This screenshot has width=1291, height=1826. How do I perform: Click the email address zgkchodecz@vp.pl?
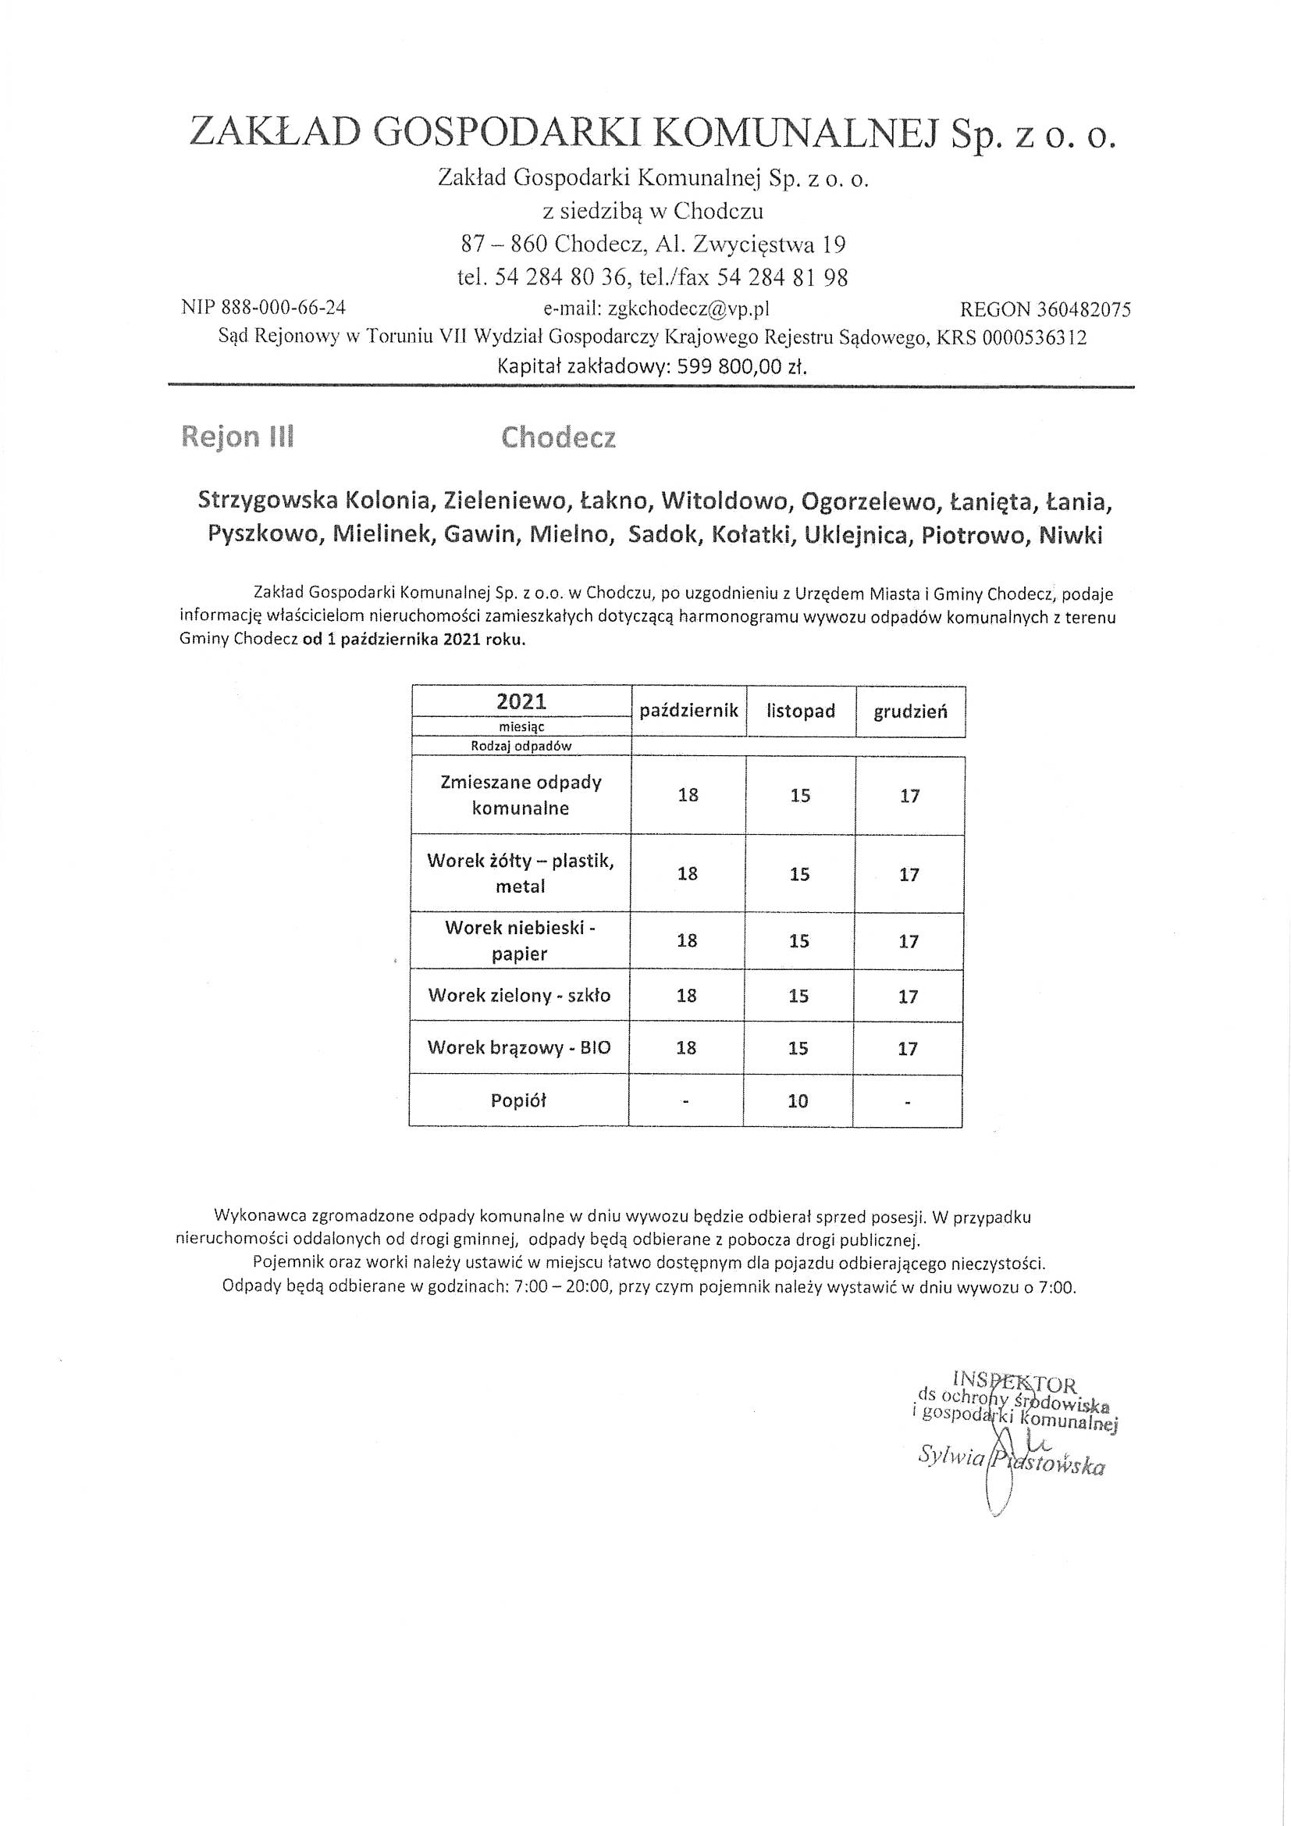688,308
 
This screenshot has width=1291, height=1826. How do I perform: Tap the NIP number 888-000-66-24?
286,308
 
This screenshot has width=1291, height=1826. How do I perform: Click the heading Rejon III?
238,437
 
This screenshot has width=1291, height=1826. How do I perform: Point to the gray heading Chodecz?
558,438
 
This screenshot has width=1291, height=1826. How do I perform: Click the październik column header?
689,710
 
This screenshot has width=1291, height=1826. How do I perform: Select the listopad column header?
801,711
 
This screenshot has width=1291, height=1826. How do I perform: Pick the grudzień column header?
910,711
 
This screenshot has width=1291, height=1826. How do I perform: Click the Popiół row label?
518,1100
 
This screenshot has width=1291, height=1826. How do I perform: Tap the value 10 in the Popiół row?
798,1100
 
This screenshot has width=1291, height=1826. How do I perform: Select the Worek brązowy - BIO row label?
519,1047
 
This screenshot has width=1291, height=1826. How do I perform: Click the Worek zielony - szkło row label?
519,995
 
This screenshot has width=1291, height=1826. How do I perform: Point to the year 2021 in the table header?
521,701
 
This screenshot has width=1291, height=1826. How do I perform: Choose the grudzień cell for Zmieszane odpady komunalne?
909,795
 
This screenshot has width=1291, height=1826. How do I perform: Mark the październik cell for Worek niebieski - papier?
687,941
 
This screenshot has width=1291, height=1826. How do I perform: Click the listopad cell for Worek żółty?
800,874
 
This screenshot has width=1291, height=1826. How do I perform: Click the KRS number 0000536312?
1034,338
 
